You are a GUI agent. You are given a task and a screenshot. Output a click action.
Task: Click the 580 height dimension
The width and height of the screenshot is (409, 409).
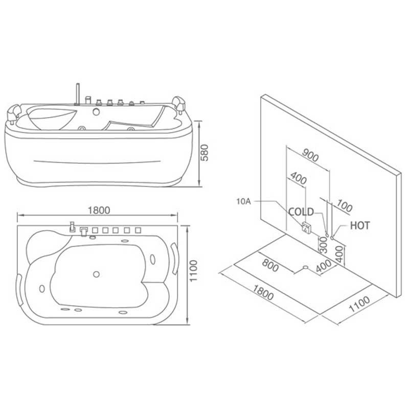[x=206, y=152]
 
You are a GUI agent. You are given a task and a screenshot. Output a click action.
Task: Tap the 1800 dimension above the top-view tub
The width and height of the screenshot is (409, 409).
[x=99, y=210]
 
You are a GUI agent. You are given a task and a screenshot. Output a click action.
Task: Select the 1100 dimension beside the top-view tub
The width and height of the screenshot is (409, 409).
[x=193, y=271]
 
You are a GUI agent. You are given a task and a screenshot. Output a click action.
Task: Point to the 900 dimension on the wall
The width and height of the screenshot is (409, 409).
[x=310, y=155]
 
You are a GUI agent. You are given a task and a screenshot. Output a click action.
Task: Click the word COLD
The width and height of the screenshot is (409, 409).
[x=301, y=212]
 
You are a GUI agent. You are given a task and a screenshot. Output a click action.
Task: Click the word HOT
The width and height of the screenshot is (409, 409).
[x=360, y=225]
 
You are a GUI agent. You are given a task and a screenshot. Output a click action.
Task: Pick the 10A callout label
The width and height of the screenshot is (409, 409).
[x=244, y=201]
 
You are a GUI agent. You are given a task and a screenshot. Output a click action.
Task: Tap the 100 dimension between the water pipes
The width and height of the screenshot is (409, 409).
[x=344, y=206]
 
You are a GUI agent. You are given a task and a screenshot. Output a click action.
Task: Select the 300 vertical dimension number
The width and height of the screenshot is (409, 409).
[x=324, y=245]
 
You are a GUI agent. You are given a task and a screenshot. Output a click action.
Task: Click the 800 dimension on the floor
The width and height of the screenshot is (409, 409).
[x=270, y=265]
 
